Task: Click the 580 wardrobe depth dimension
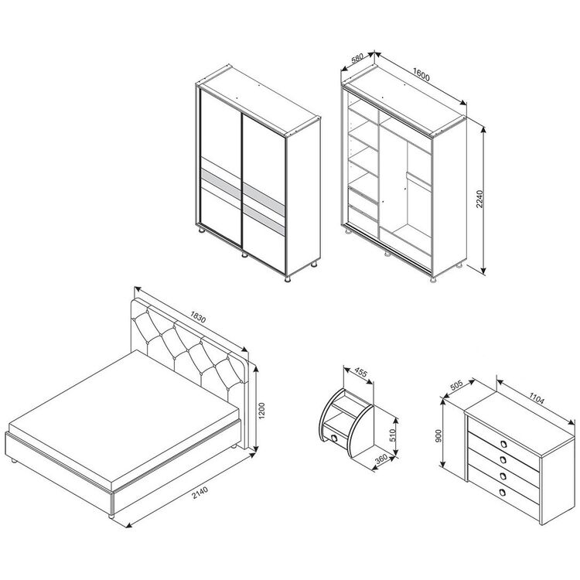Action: click(x=357, y=59)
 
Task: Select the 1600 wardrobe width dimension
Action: click(x=421, y=75)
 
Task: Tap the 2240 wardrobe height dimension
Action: click(x=479, y=199)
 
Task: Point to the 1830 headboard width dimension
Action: click(x=197, y=316)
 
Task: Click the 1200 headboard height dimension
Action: click(x=262, y=411)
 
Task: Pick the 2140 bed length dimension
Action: click(x=200, y=493)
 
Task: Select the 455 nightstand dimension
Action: click(x=360, y=372)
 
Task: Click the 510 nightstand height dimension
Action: click(x=393, y=435)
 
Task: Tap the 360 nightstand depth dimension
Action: click(x=380, y=459)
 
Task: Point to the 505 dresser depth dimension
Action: click(x=457, y=386)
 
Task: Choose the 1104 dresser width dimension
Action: click(x=537, y=398)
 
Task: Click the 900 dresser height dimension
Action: click(x=438, y=436)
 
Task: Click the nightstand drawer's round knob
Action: click(x=334, y=438)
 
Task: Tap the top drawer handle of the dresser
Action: click(x=503, y=444)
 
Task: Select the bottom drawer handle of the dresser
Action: click(x=503, y=492)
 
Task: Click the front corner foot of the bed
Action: click(x=111, y=516)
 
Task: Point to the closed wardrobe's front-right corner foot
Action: click(x=288, y=278)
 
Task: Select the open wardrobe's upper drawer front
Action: click(x=363, y=196)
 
